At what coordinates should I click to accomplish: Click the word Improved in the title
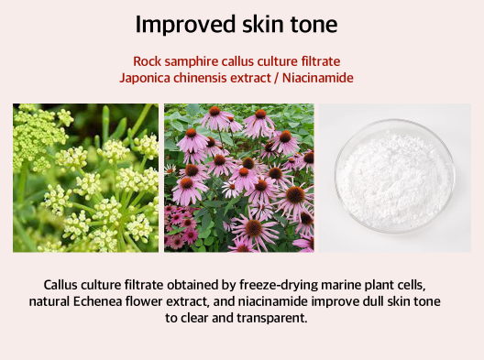pos(185,25)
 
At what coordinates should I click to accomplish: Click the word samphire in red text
pos(192,62)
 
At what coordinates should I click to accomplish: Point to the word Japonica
pos(145,79)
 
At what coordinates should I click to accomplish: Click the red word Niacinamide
pos(317,78)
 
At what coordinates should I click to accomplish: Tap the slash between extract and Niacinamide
pos(277,78)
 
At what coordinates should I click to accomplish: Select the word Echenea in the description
pos(97,301)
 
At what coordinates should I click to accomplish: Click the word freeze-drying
pos(279,286)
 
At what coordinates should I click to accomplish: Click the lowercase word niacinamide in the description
pos(273,301)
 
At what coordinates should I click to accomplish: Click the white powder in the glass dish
pos(394,176)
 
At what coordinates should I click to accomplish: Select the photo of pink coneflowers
pos(239,178)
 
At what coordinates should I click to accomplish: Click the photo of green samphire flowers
pos(85,178)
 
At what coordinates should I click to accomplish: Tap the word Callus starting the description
pos(60,285)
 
